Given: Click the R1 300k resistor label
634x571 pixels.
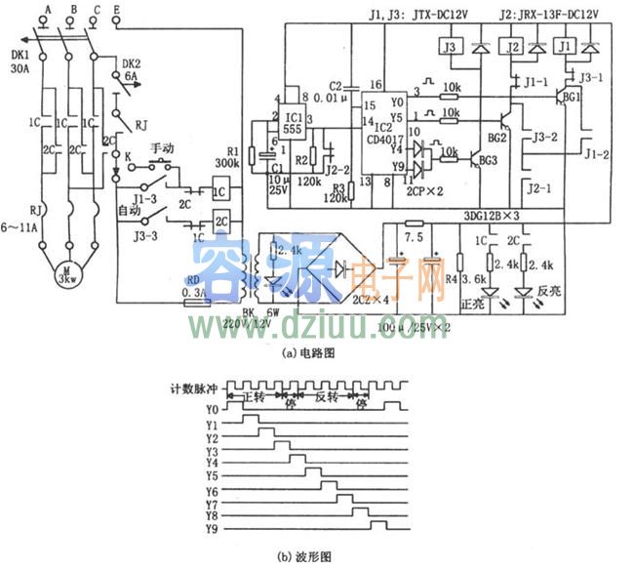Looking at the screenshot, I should coord(227,159).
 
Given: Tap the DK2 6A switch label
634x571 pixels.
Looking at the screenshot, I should coord(129,70).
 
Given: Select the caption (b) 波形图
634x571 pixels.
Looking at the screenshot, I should coord(301,557).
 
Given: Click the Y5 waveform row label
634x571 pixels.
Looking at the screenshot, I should coord(211,476).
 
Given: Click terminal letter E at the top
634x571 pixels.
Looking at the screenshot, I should coord(118,8).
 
